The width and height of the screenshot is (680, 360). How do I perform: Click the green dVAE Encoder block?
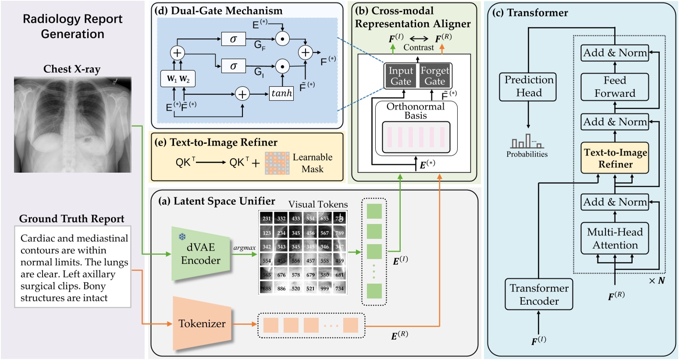point(200,254)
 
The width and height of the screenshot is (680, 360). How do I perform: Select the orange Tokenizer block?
point(202,324)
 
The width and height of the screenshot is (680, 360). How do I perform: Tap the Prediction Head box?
point(528,86)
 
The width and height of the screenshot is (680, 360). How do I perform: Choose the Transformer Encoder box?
point(539,294)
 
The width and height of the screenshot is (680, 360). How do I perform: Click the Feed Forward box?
point(614,87)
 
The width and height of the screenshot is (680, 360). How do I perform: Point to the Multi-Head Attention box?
point(615,239)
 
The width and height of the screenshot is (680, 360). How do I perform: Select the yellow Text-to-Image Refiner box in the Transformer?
point(615,158)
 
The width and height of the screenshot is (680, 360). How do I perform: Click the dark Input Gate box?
point(401,76)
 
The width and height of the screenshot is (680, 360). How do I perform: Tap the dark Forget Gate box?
point(434,76)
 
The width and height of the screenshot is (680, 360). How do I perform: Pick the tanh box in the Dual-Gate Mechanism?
point(281,93)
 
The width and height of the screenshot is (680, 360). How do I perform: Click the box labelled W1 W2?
point(178,79)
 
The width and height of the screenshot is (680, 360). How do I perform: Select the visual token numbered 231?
point(267,218)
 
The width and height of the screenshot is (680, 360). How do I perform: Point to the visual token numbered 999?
point(324,288)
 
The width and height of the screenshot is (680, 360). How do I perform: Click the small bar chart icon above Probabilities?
point(527,142)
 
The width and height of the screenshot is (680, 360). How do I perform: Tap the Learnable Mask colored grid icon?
point(277,164)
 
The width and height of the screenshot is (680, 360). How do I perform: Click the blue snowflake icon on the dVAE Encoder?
point(182,237)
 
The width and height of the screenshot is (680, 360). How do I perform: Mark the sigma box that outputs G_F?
point(233,39)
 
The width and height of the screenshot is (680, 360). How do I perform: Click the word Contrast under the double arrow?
point(418,47)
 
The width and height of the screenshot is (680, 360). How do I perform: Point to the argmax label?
point(244,248)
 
